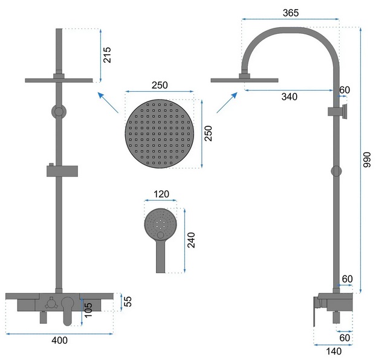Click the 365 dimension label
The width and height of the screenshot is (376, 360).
point(291,13)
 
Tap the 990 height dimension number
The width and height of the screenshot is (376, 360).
point(367,159)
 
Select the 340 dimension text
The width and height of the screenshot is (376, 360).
point(290,97)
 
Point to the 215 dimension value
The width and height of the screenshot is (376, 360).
point(107,55)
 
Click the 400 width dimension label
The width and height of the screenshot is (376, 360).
point(59,340)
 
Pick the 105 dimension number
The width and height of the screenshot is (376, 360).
point(88,310)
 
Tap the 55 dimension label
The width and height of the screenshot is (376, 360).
point(128,301)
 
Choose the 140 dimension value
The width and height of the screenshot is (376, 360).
point(334,352)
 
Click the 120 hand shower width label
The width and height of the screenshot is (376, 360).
point(161,194)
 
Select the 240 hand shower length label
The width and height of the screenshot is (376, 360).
point(191,240)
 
